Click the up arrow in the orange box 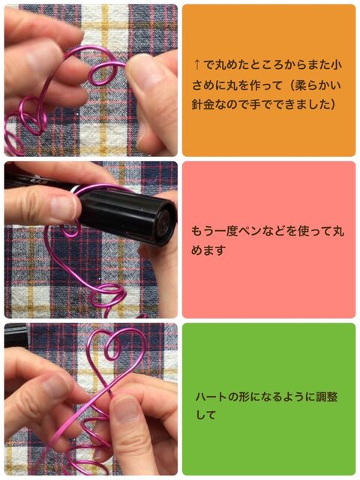(x=197, y=65)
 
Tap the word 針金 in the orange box (x=202, y=105)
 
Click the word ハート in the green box (x=211, y=397)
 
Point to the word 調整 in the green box (x=327, y=397)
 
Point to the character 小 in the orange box (x=337, y=65)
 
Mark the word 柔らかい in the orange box (x=317, y=85)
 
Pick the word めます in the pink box (x=208, y=250)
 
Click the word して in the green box (x=206, y=415)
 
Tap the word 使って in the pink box (x=310, y=231)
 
